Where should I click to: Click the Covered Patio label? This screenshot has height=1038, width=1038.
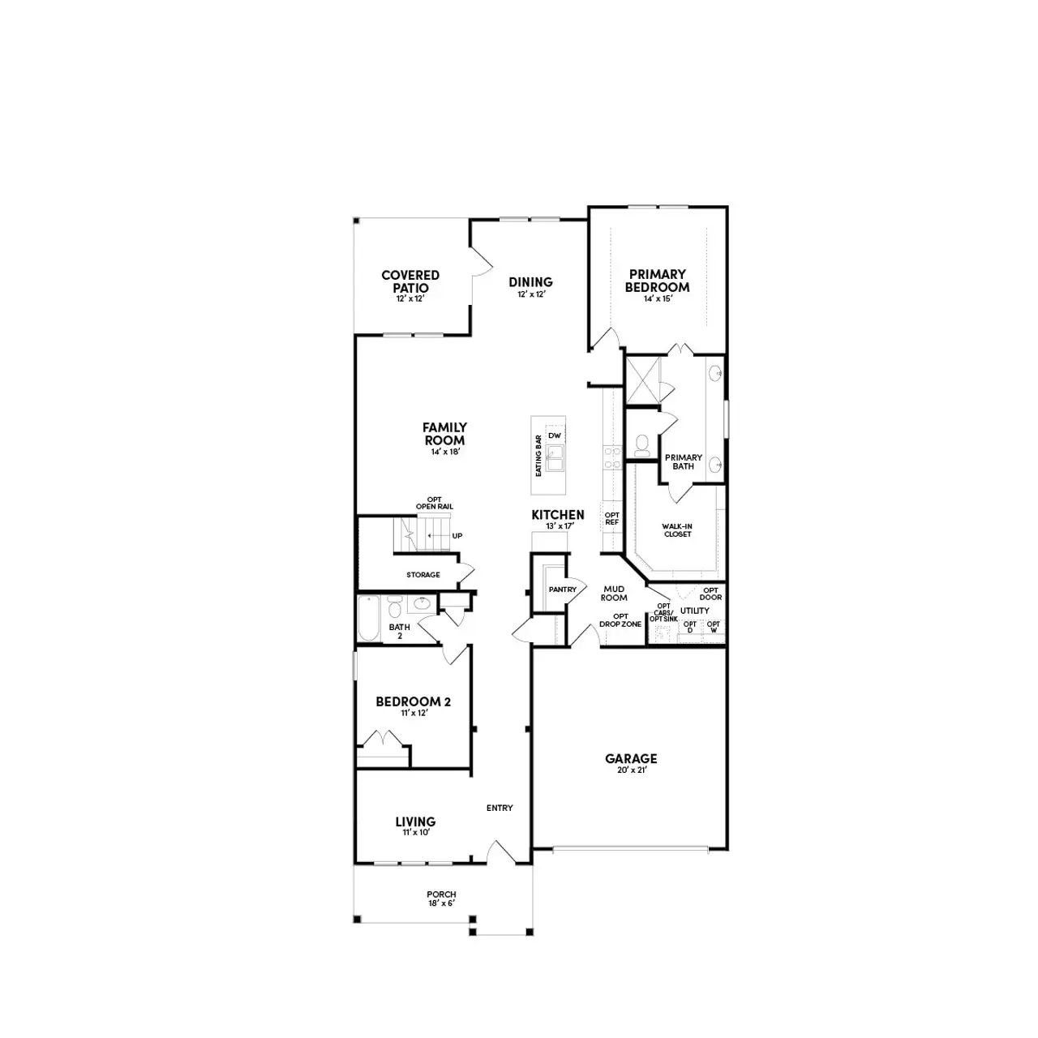click(410, 281)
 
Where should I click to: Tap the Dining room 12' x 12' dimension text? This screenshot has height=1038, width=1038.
click(530, 294)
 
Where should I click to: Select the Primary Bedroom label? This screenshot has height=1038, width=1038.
click(657, 281)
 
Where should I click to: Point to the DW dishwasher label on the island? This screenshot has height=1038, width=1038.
click(555, 436)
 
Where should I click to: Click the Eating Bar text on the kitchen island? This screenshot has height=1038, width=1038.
click(538, 456)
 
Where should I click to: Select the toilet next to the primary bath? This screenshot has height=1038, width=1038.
click(642, 444)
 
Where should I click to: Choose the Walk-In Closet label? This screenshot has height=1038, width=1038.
click(677, 530)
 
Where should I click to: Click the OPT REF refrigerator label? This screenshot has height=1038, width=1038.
click(611, 519)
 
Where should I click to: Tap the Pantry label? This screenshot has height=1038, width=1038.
click(562, 590)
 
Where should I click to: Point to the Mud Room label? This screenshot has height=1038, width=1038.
click(614, 593)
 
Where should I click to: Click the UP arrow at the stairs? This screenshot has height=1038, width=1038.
click(457, 536)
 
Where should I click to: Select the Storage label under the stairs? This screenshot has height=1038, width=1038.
click(422, 575)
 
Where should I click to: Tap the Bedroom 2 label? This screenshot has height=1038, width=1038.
click(413, 701)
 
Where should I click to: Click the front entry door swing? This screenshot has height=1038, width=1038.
click(500, 853)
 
